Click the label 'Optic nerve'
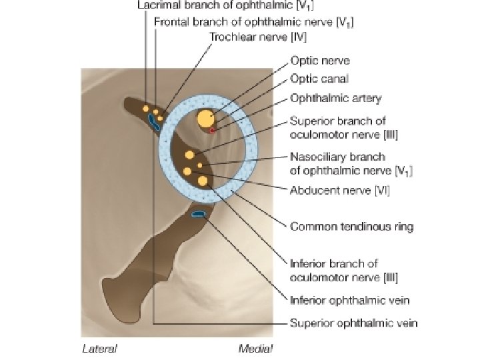point(320,61)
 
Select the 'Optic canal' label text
point(319,79)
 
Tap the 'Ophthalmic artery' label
point(335,99)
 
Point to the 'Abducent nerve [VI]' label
point(339,190)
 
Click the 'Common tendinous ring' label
point(351,227)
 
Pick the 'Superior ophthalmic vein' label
point(353,323)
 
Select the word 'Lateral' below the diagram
point(99,348)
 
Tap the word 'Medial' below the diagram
point(255,348)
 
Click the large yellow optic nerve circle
point(206,119)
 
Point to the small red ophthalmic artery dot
point(212,130)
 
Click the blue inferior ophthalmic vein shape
point(199,213)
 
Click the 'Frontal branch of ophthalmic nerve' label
point(253,21)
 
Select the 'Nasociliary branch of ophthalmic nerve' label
point(351,164)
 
